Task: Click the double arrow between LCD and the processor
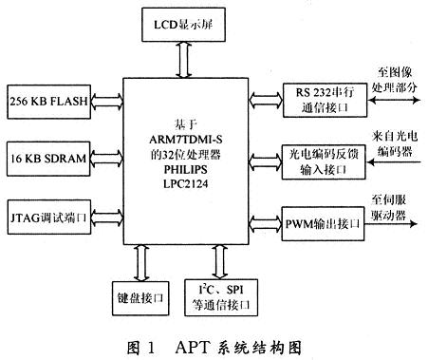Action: click(x=181, y=58)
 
